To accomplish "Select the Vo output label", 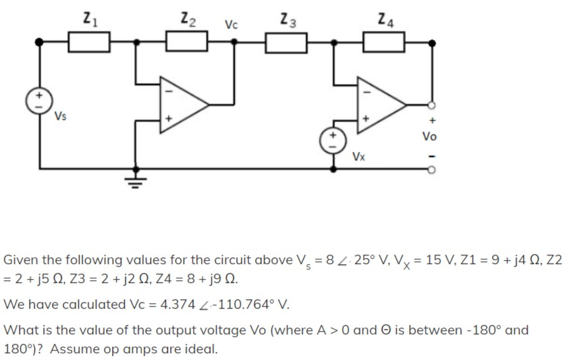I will click(x=429, y=136).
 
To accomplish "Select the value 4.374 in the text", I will click(x=176, y=304).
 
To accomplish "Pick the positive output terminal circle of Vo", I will click(x=433, y=105).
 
